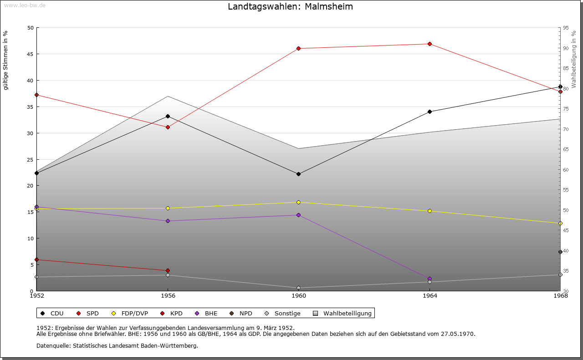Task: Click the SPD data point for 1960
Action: [298, 48]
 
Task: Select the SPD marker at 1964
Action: [430, 44]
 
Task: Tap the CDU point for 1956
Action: [168, 116]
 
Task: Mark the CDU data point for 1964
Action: [430, 112]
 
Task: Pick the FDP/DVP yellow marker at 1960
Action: [298, 202]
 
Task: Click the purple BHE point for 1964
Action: [430, 279]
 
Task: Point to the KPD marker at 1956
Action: [168, 271]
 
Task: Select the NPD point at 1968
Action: [560, 252]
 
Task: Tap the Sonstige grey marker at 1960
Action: [298, 288]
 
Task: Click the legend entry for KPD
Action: [176, 313]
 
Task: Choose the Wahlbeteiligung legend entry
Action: [347, 313]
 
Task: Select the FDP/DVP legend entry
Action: [134, 313]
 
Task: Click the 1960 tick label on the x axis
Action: [299, 296]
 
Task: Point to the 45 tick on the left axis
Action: [31, 54]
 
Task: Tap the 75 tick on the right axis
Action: [565, 109]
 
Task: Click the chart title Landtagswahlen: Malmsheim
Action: [290, 7]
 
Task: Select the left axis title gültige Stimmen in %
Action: [6, 60]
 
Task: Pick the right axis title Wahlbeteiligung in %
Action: [574, 59]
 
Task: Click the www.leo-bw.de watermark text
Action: [24, 5]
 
